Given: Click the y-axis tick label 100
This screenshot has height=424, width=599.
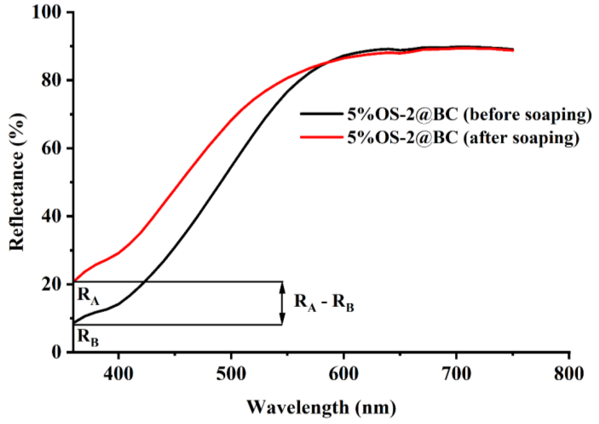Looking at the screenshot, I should tap(47, 12).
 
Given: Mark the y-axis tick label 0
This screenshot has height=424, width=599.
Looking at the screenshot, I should tap(56, 352).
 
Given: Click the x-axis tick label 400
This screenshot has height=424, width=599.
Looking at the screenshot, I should tap(118, 374).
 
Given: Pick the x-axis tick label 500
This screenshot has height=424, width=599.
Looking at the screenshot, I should tap(231, 374).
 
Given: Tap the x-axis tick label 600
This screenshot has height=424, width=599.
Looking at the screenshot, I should tap(344, 374).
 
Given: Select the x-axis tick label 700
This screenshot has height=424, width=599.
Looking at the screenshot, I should tap(456, 374).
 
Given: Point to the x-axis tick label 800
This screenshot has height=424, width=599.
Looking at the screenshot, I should tap(569, 374).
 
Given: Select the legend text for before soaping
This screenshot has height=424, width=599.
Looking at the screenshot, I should tap(470, 115).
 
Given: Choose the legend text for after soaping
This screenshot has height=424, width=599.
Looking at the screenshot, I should tap(463, 138).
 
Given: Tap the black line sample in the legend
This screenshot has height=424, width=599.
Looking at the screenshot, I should tap(321, 114).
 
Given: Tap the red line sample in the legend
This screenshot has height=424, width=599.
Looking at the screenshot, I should tap(321, 137).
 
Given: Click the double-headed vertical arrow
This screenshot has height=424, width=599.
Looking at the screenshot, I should tap(282, 303).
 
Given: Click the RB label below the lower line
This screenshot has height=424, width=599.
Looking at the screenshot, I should tap(88, 337).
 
